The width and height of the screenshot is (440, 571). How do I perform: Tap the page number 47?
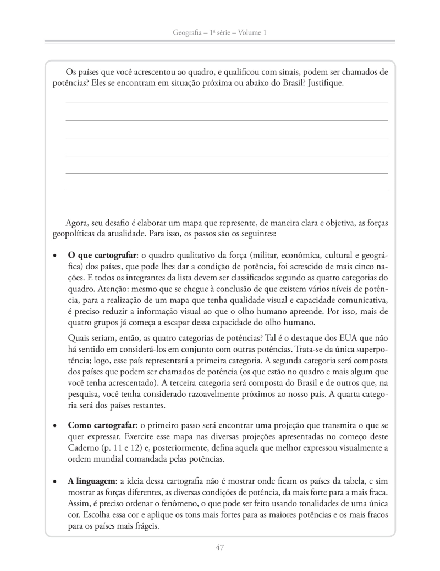pyautogui.click(x=220, y=547)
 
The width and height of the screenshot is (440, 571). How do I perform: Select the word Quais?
pyautogui.click(x=79, y=339)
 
